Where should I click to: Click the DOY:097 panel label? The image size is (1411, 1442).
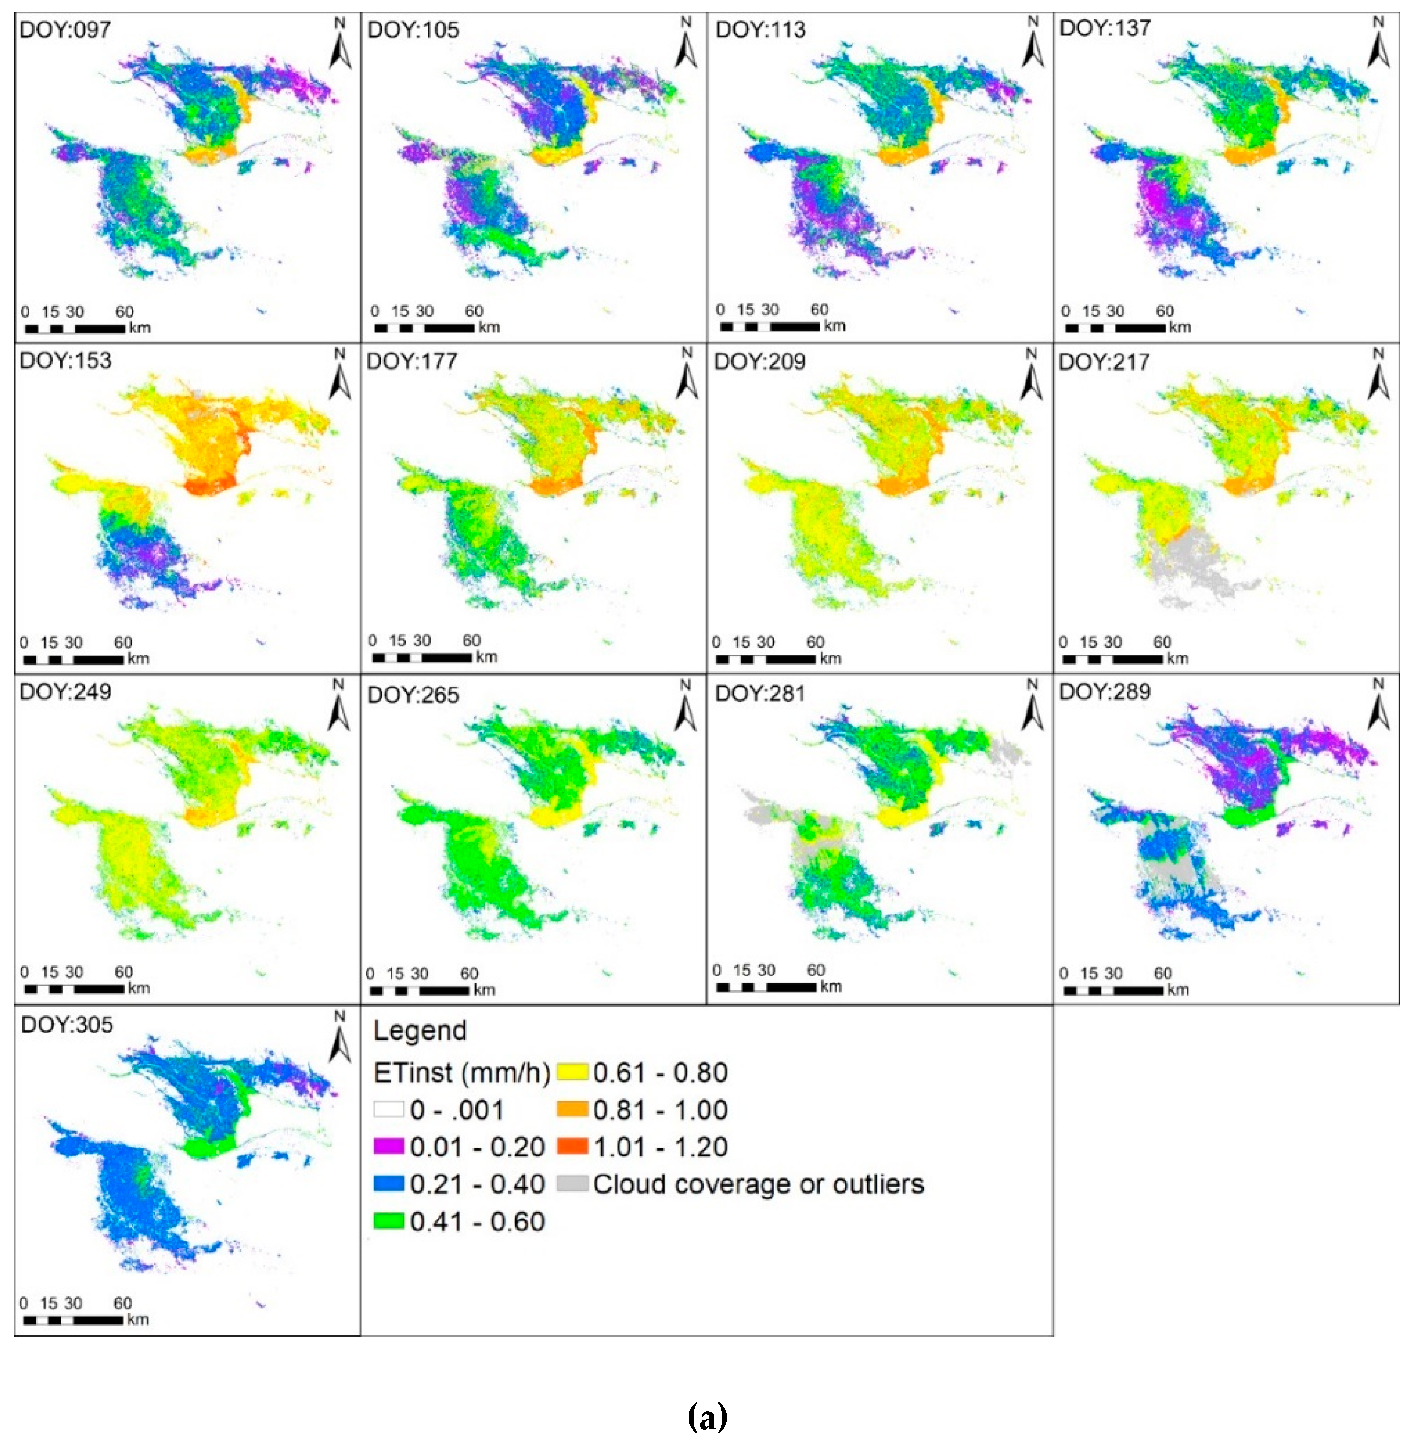65,30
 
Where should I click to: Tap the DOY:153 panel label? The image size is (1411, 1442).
65,361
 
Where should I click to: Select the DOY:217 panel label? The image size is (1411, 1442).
1104,362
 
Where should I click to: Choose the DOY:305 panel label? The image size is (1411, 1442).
66,1025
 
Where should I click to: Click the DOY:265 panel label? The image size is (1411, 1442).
413,695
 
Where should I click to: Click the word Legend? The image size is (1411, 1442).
420,1031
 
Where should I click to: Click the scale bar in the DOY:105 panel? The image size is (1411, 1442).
424,328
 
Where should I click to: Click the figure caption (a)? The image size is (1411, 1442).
707,1416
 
